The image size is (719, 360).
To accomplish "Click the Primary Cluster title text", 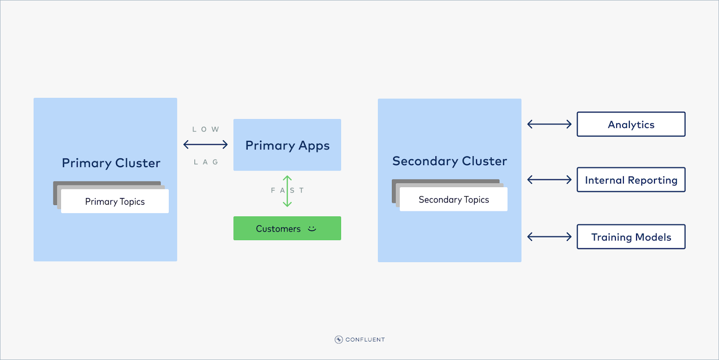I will [111, 163].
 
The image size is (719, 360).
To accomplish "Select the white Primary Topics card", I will [115, 202].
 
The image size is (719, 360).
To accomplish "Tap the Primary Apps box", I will [287, 145].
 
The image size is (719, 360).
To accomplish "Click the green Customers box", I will [278, 228].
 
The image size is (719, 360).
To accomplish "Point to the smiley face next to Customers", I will [312, 228].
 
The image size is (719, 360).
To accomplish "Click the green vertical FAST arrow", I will [287, 191].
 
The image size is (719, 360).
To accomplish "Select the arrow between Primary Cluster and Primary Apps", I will [206, 145].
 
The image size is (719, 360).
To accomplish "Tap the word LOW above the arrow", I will [206, 129].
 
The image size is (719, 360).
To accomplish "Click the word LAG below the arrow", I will [206, 162].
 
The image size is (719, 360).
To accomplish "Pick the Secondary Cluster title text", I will [450, 161].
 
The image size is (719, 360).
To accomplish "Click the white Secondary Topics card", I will [454, 200].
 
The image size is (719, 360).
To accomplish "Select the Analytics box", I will [631, 124].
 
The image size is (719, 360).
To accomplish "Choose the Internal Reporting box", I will [631, 180].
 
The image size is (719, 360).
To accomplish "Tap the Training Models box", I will [631, 237].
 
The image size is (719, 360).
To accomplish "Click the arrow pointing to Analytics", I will [549, 124].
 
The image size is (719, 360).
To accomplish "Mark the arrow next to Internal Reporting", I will [549, 180].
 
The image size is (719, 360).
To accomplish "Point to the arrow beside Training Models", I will [549, 237].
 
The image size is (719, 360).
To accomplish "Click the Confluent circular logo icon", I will [339, 339].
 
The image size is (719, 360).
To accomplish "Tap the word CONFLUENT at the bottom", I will [365, 340].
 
